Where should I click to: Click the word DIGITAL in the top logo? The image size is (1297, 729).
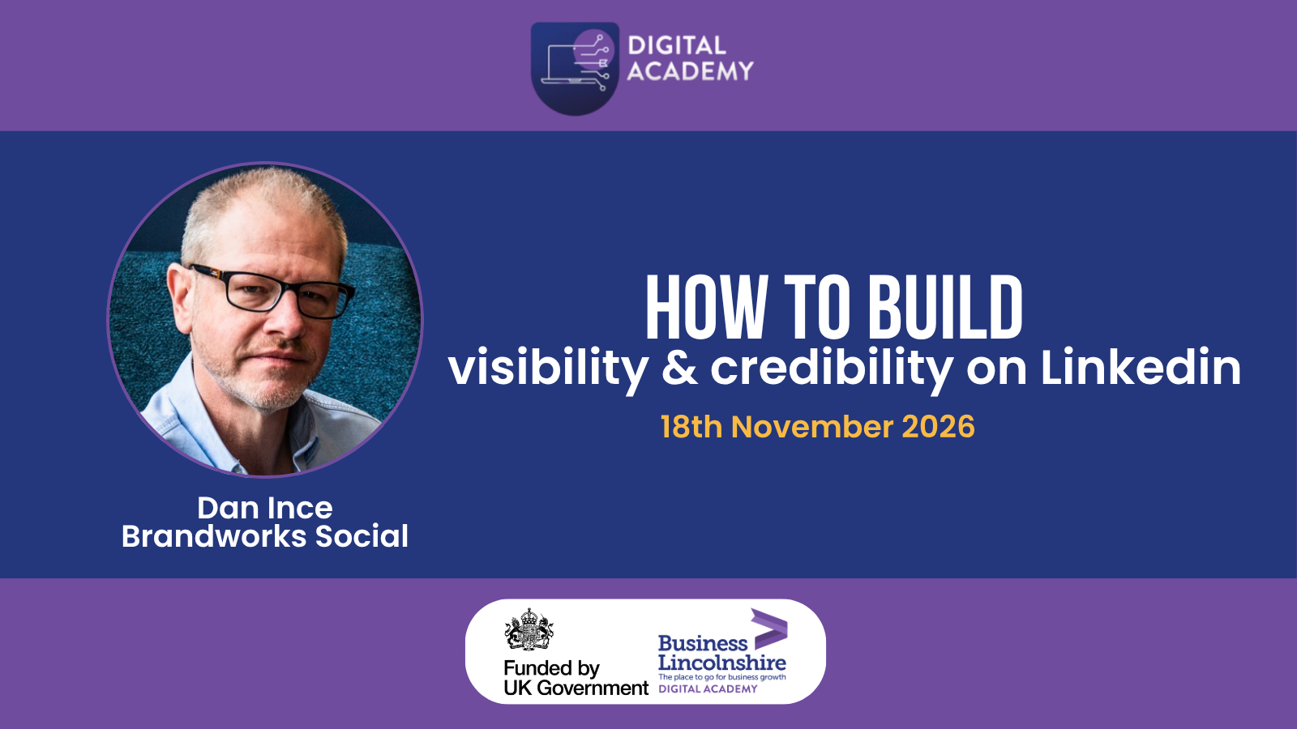676,45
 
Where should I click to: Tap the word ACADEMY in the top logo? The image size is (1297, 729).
690,71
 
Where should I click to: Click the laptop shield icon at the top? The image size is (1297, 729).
575,68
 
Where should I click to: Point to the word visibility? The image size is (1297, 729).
548,369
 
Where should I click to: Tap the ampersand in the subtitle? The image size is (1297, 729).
679,368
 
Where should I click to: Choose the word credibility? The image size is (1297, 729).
832,369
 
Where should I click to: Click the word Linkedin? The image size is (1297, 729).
1141,367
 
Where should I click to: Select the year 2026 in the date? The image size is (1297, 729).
938,427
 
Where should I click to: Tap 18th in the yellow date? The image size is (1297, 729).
691,427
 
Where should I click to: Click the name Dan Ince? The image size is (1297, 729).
264,508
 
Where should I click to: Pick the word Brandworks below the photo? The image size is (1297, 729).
214,535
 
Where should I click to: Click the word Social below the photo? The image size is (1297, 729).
362,535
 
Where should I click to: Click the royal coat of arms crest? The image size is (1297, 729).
529,629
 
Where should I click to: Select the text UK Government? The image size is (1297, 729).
576,688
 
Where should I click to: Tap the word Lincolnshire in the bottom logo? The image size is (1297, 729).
722,663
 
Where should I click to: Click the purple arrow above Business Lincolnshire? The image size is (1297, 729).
769,629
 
